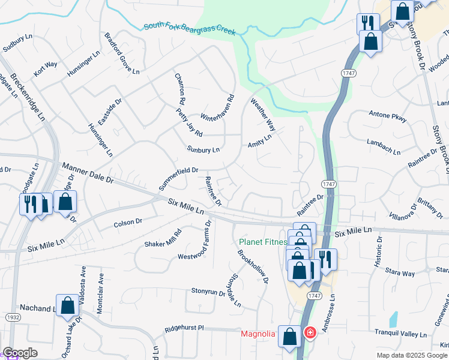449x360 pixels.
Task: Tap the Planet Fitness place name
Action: [x=262, y=242]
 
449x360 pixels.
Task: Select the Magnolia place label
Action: [x=258, y=334]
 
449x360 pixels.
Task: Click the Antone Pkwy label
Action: [x=387, y=116]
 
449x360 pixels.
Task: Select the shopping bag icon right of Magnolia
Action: [x=290, y=337]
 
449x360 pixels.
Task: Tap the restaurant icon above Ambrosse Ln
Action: [x=325, y=260]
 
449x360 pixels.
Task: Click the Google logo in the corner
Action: [x=19, y=353]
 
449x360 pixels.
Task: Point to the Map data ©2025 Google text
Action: [x=412, y=355]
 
